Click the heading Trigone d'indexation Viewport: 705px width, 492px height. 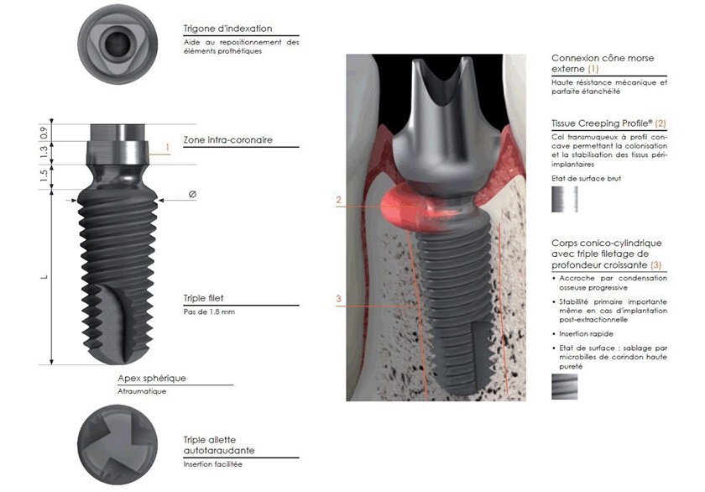tap(227, 28)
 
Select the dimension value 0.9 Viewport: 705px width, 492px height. tap(44, 132)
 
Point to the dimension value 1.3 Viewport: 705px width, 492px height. tap(44, 151)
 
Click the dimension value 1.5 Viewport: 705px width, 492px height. tap(44, 175)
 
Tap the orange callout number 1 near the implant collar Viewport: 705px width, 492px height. tap(168, 148)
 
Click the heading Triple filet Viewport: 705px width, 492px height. tap(204, 297)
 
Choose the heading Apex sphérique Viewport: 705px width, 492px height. tap(152, 379)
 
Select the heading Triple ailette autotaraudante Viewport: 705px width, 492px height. tap(219, 445)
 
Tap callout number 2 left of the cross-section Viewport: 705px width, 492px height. tap(338, 201)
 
